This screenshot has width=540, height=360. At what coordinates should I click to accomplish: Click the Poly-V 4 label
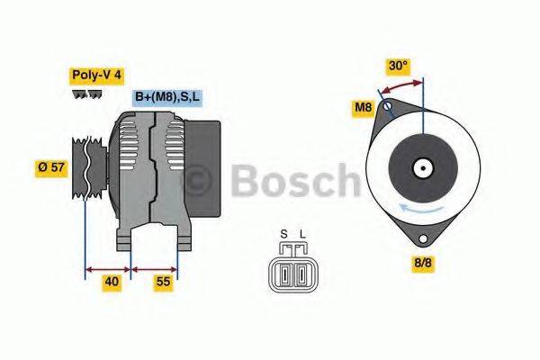click(x=96, y=76)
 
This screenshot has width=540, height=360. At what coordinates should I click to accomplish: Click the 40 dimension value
click(x=111, y=282)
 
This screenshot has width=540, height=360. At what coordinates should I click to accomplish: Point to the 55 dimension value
click(x=163, y=282)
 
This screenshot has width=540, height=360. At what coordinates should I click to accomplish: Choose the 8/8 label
click(x=423, y=264)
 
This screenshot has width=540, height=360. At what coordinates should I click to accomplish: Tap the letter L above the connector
click(x=302, y=236)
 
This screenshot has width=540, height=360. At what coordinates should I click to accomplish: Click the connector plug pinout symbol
click(x=292, y=271)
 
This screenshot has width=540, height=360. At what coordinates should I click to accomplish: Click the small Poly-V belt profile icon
click(x=86, y=94)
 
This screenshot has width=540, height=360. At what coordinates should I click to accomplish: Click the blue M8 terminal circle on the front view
click(x=388, y=107)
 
